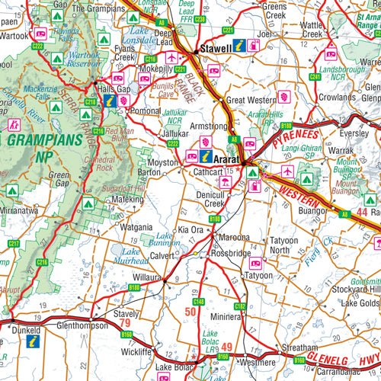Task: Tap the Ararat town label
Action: (226, 160)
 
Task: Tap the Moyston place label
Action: (163, 163)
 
